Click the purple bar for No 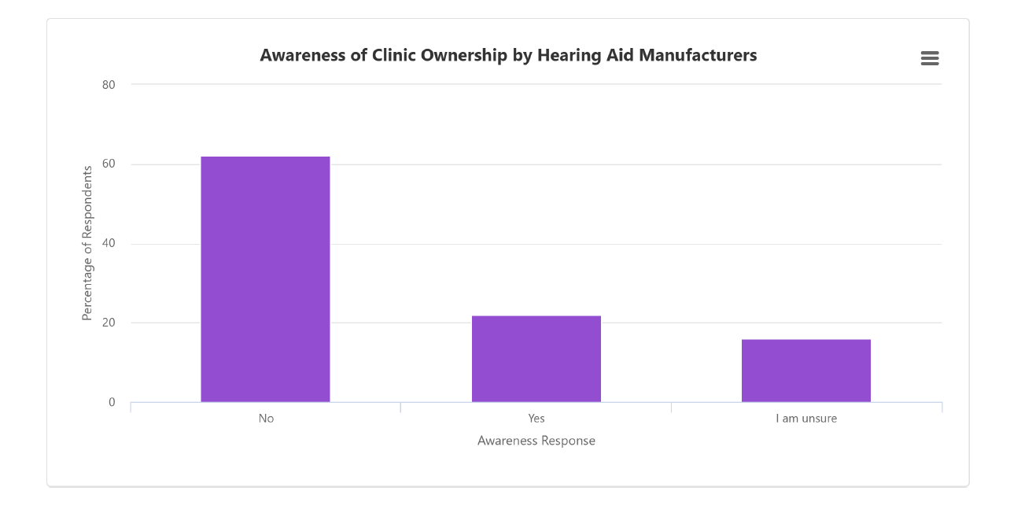[x=265, y=279]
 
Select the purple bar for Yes [x=536, y=359]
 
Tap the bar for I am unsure [x=806, y=371]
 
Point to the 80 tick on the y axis [x=109, y=85]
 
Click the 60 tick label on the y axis [x=109, y=164]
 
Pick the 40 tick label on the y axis [x=109, y=244]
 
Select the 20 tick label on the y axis [x=109, y=323]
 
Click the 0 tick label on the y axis [x=112, y=403]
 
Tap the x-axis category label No [x=266, y=419]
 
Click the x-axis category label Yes [x=536, y=419]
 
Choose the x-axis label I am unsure [x=806, y=419]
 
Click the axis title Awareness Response [x=536, y=441]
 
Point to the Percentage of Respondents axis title [x=87, y=243]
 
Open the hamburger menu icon [x=930, y=58]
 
